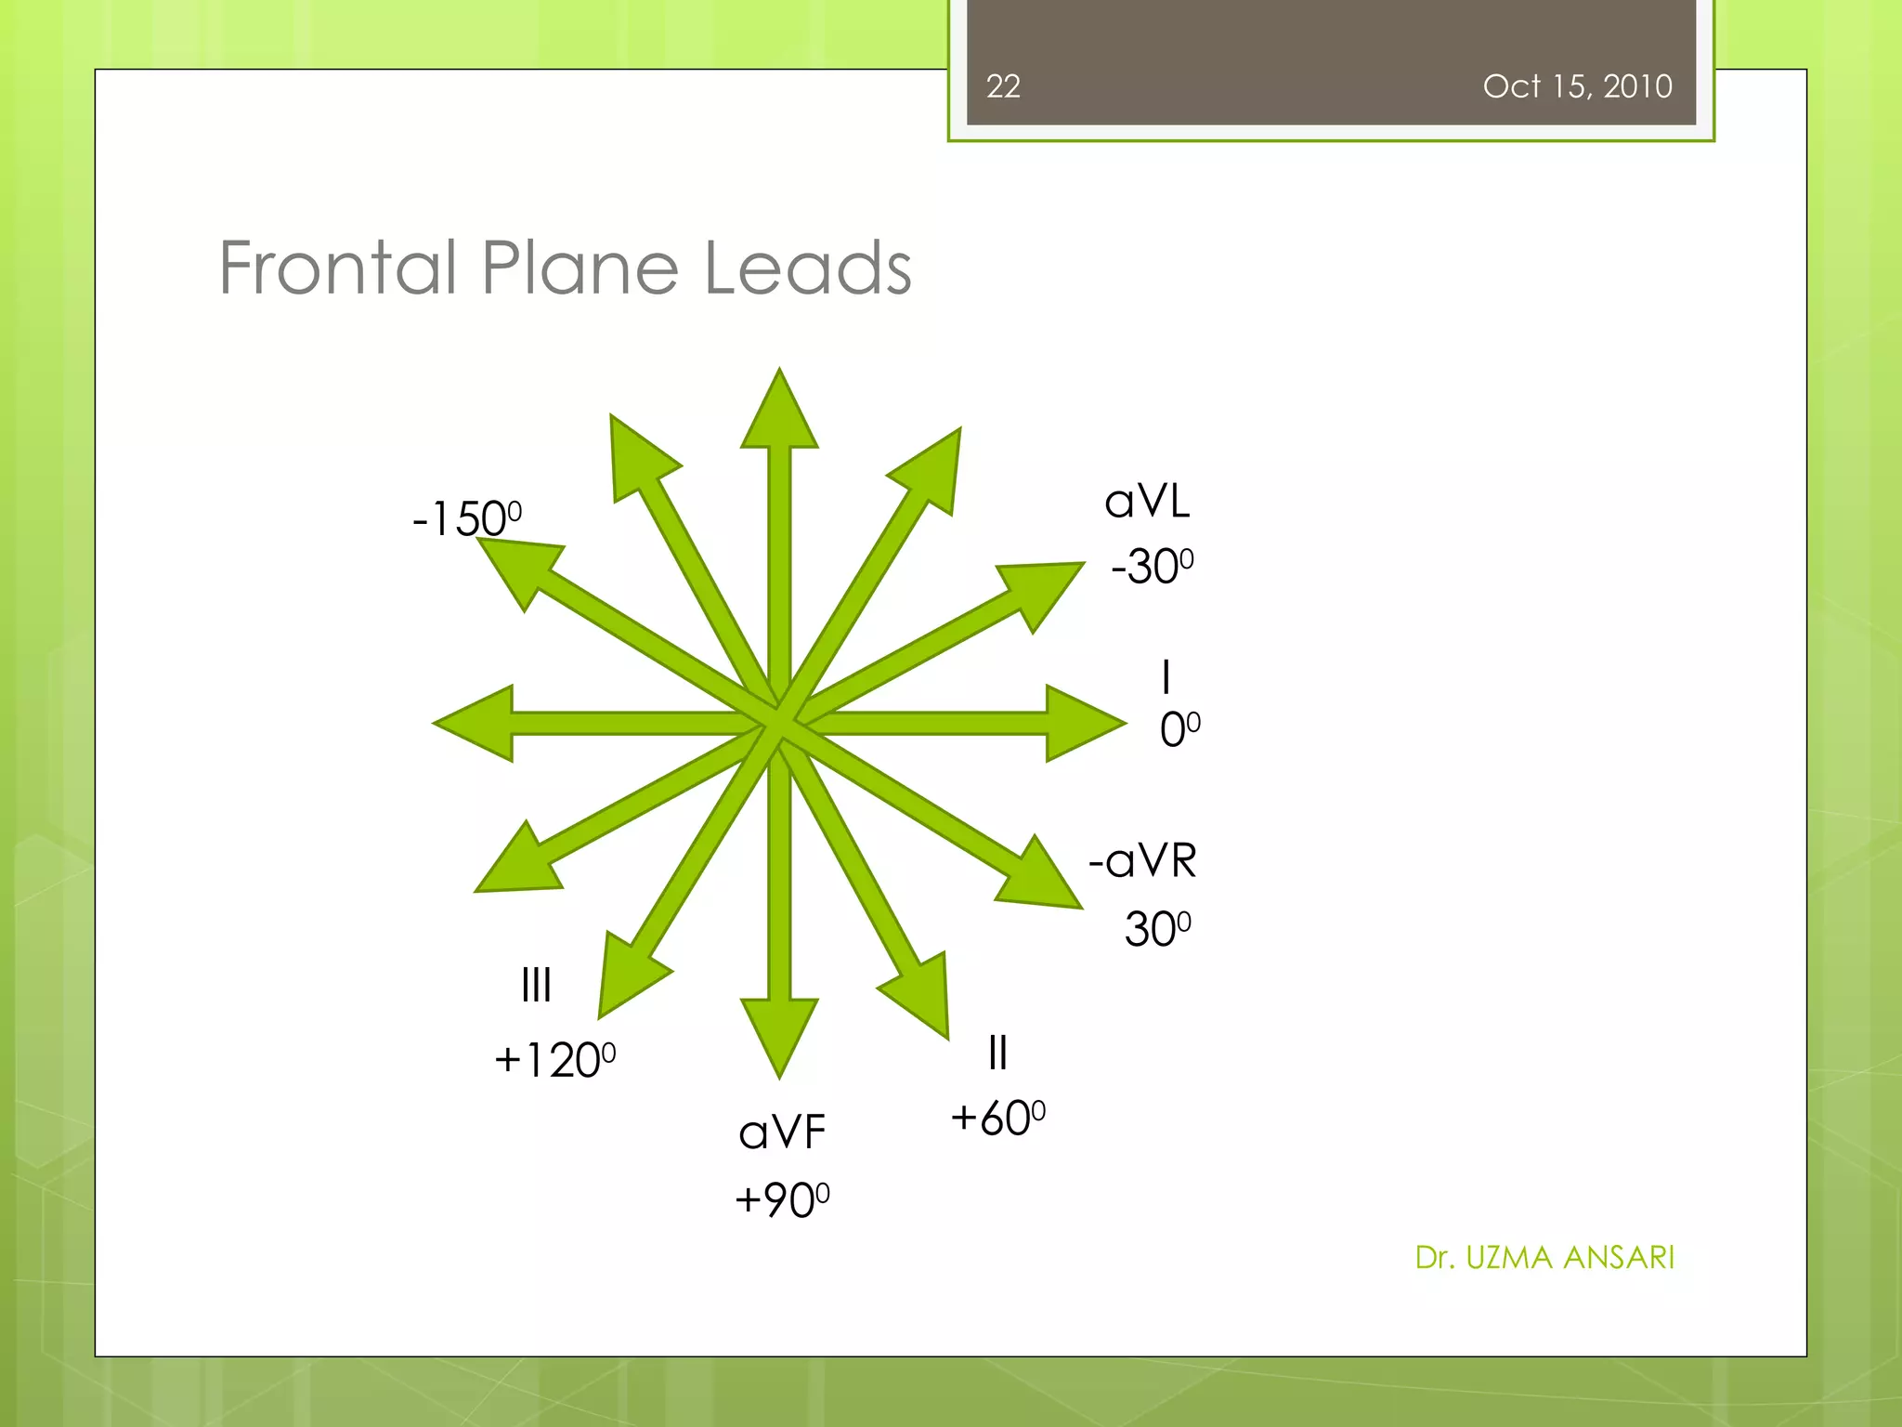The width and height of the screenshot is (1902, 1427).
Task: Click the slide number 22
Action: coord(1003,86)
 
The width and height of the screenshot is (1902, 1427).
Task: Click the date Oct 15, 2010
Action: coord(1577,86)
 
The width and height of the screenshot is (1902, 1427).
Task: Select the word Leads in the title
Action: coord(807,268)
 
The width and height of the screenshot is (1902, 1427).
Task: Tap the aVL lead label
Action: coord(1147,503)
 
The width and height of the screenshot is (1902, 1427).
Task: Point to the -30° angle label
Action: coord(1152,566)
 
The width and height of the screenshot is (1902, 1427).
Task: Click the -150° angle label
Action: coord(466,517)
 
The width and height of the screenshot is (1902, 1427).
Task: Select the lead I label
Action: coord(1166,676)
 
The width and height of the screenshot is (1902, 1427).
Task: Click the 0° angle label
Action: coord(1179,729)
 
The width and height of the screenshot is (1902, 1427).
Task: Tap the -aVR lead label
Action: coord(1142,861)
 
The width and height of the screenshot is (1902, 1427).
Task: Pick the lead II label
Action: coord(997,1053)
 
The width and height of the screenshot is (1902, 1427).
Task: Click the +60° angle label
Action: coord(997,1118)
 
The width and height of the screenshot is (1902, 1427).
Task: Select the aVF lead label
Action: coord(782,1132)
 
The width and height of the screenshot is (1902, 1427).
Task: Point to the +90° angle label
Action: coord(781,1199)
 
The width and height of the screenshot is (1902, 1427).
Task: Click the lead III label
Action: coord(536,985)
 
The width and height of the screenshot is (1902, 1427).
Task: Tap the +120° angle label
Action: coord(554,1060)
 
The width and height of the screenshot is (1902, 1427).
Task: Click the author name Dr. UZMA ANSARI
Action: coord(1544,1257)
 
